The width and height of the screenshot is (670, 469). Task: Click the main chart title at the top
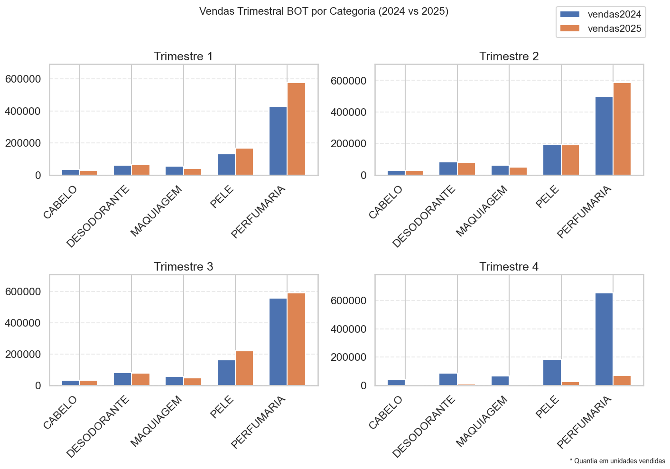pos(324,11)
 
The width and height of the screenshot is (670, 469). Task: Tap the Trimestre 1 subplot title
pos(183,56)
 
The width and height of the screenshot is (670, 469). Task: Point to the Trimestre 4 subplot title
pos(509,267)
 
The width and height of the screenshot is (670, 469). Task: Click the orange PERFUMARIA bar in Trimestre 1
pos(296,129)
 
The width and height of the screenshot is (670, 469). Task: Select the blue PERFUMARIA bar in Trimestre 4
pos(604,339)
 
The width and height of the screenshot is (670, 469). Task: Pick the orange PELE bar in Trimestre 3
pos(244,368)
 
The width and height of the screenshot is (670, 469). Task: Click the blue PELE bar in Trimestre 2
pos(552,159)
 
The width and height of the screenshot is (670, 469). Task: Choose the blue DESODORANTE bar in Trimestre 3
pos(122,379)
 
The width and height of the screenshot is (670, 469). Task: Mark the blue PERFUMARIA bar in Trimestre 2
pos(604,136)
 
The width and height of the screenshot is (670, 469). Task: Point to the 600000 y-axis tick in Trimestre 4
pos(348,300)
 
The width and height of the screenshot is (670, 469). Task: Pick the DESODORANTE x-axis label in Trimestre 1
pos(98,216)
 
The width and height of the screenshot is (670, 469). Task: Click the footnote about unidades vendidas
pos(617,461)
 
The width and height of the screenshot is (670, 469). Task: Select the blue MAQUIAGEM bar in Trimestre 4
pos(500,381)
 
